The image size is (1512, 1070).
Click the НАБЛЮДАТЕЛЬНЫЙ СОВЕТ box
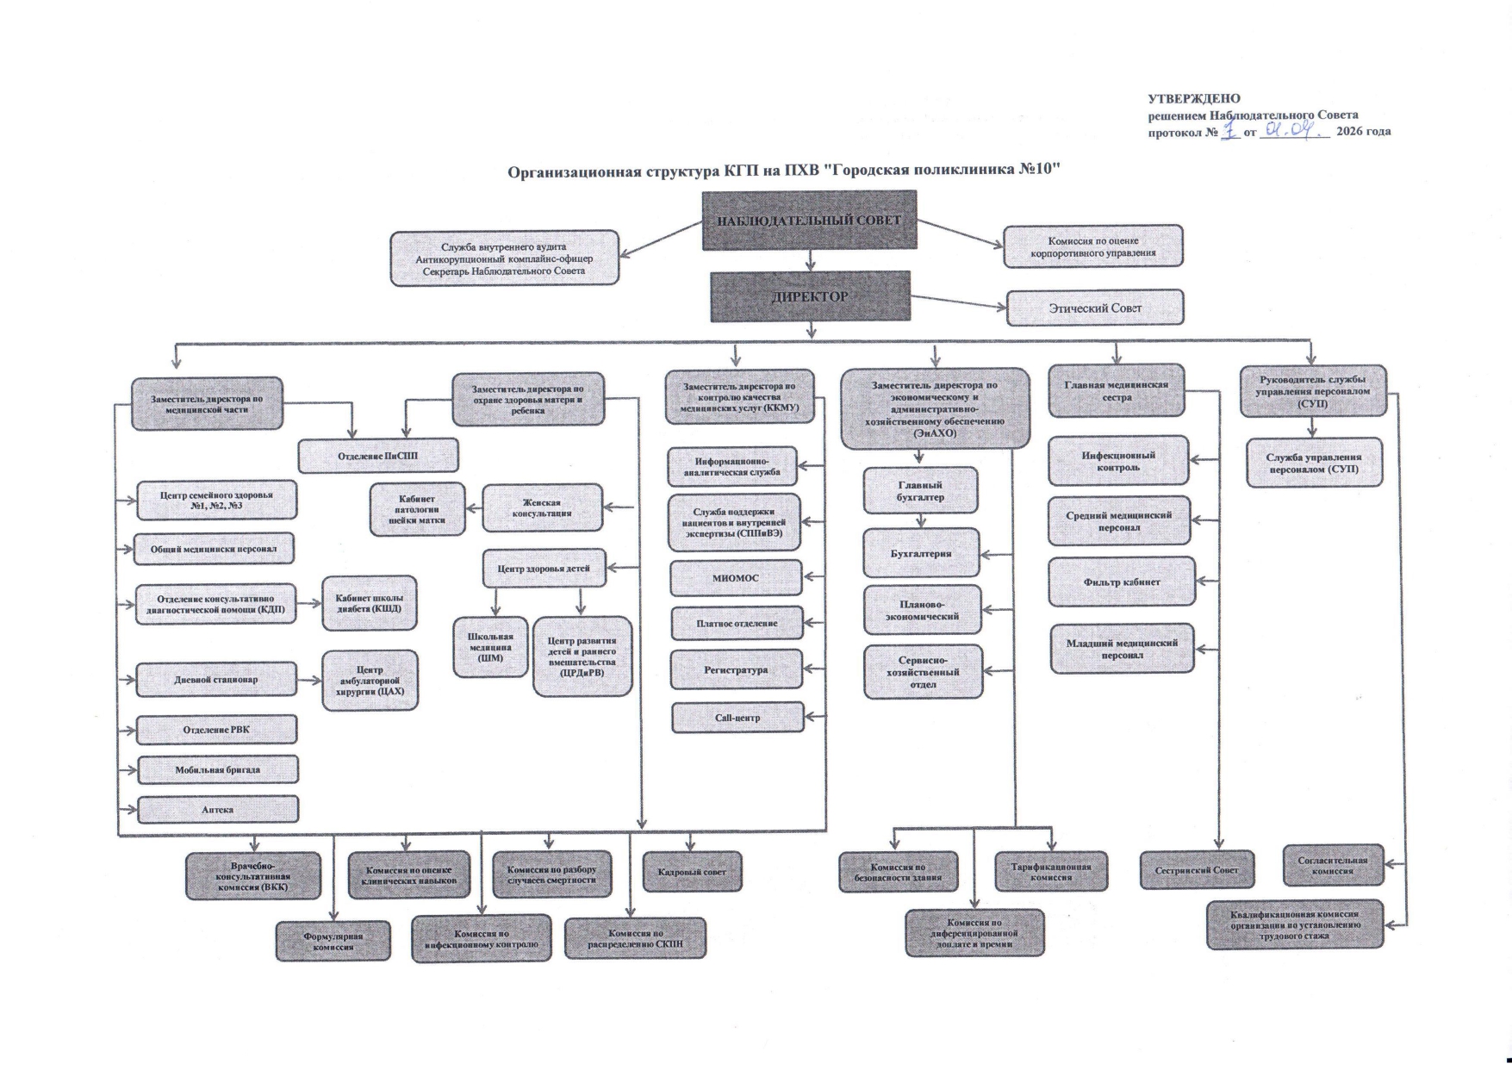pos(809,221)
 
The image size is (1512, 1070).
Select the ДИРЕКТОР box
pos(810,297)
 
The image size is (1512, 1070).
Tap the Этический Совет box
pos(1094,308)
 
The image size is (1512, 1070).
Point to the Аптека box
pos(218,810)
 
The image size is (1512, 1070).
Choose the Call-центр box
pos(737,718)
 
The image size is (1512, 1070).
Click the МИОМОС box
pos(735,578)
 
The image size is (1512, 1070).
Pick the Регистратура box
pos(735,670)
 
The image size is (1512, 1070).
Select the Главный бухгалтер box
pos(920,491)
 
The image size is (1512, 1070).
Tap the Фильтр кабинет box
pos(1121,582)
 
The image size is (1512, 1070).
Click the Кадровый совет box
pos(692,872)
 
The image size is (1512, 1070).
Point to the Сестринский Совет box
pos(1196,870)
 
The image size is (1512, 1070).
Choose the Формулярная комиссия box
pos(333,941)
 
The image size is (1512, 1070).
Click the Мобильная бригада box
pos(218,770)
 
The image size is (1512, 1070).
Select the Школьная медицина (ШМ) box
pos(490,647)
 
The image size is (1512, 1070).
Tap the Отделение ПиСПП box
pos(378,456)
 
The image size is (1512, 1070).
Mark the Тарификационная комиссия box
pos(1050,872)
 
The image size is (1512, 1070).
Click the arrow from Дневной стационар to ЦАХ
pos(309,680)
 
